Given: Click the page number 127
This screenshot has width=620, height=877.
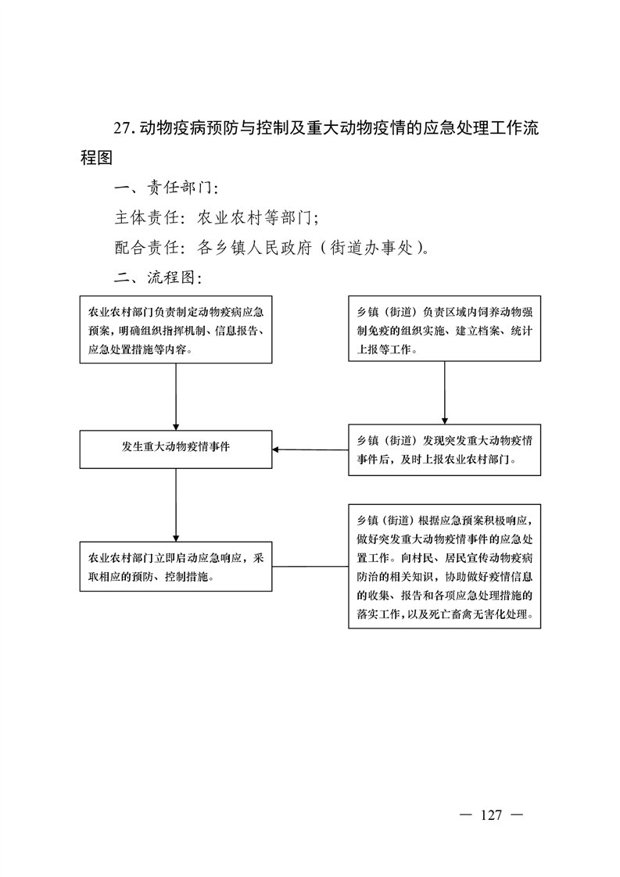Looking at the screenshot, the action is click(491, 815).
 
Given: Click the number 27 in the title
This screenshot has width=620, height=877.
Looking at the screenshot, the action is click(122, 128).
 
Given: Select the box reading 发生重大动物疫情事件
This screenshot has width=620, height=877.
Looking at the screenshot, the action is click(176, 449).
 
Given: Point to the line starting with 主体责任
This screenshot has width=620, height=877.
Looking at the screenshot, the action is click(217, 217).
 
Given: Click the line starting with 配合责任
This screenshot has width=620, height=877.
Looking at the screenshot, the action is click(272, 247).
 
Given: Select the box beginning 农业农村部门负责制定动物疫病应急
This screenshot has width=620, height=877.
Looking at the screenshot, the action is click(176, 329).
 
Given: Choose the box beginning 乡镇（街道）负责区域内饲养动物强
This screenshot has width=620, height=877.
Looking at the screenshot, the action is click(445, 328).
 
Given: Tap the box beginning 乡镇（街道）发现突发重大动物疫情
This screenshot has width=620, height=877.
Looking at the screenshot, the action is click(445, 449).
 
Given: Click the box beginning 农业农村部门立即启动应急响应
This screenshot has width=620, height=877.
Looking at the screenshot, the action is click(176, 567).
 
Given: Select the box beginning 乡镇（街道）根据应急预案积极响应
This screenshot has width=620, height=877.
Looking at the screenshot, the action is click(445, 566).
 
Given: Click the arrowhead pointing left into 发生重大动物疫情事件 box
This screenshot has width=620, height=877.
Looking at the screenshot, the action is click(276, 449).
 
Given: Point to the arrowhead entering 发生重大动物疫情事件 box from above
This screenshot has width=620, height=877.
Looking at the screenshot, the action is click(176, 427).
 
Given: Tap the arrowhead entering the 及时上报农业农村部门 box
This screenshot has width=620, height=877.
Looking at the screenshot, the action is click(445, 421).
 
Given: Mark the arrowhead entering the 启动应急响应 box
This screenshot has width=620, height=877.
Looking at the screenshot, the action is click(176, 538).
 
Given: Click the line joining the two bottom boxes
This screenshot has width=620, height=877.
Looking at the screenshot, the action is click(310, 566).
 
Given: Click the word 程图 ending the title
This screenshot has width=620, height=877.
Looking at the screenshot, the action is click(97, 158).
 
